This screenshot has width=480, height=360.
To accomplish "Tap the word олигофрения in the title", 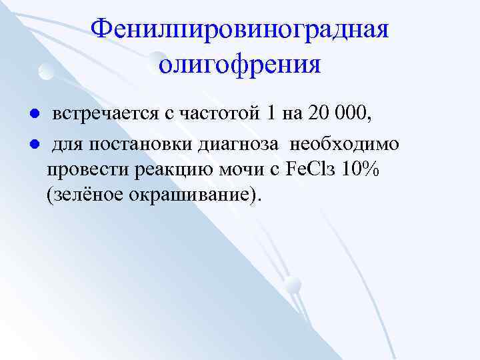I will [x=240, y=65].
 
